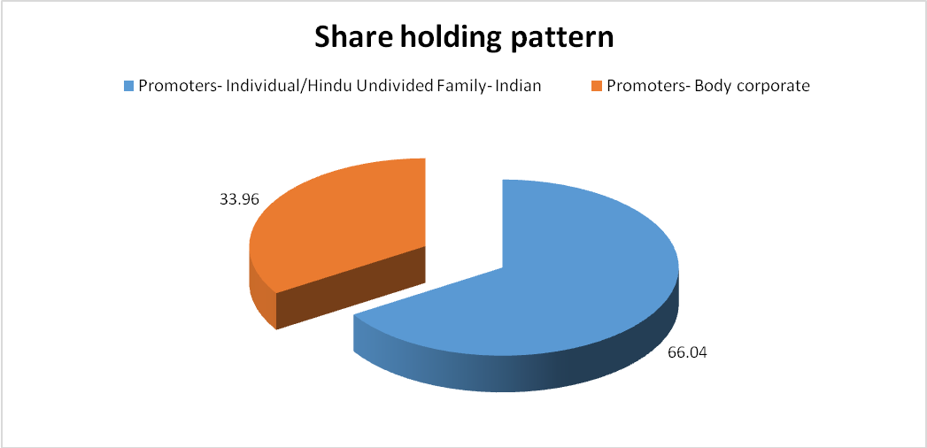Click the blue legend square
point(128,86)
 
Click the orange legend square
point(598,86)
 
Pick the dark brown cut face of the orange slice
point(351,287)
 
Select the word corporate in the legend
point(779,87)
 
